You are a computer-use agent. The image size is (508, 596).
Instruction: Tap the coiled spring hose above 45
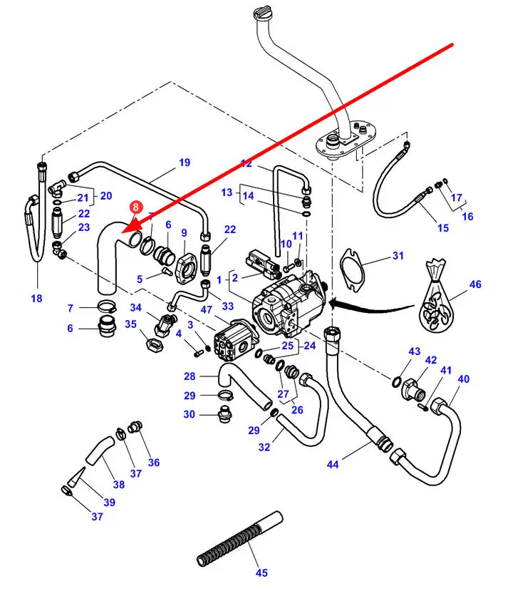pyautogui.click(x=239, y=536)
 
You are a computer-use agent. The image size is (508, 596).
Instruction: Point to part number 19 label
pyautogui.click(x=185, y=163)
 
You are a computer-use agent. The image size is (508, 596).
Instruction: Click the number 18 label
pyautogui.click(x=36, y=298)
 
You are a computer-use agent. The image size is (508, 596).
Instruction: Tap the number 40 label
pyautogui.click(x=464, y=379)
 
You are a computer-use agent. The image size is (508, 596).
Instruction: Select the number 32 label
pyautogui.click(x=264, y=447)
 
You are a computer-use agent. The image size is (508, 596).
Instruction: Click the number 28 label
pyautogui.click(x=190, y=376)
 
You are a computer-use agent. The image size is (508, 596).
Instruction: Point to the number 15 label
pyautogui.click(x=443, y=228)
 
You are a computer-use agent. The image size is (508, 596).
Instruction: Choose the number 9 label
pyautogui.click(x=184, y=233)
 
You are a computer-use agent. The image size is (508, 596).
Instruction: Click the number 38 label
pyautogui.click(x=118, y=485)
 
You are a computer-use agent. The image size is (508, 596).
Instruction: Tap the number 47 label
pyautogui.click(x=207, y=310)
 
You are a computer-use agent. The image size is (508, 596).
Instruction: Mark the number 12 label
pyautogui.click(x=246, y=164)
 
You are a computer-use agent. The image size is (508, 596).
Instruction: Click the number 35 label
pyautogui.click(x=131, y=324)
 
